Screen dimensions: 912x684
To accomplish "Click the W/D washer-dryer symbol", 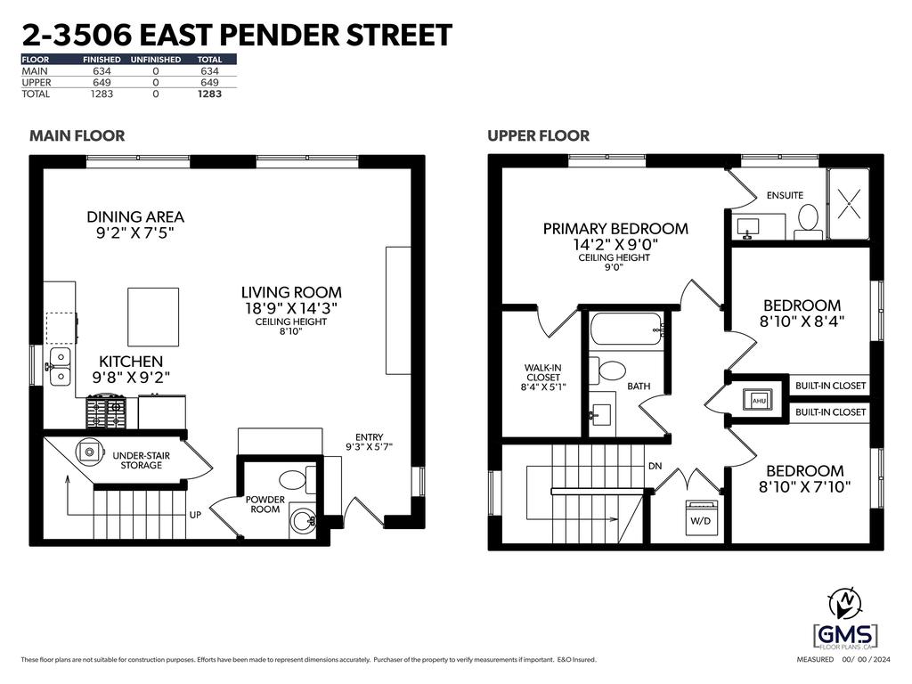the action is tap(701, 516).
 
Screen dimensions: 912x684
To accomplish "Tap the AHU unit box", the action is tap(759, 400).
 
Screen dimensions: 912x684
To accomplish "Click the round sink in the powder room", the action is tap(303, 521).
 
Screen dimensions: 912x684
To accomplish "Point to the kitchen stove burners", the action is tap(107, 412).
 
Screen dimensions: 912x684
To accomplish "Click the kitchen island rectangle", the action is tap(153, 317).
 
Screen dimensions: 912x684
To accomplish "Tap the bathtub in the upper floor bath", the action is tap(626, 330).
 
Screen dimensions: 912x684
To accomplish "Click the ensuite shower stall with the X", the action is tap(849, 204).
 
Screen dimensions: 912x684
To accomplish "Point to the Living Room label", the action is tap(291, 292).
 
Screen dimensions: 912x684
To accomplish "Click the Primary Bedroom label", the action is tap(615, 229).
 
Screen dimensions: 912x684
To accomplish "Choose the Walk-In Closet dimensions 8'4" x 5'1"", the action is tap(543, 387).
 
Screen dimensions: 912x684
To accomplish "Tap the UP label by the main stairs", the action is tap(195, 515).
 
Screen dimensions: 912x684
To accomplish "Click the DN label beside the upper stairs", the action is tap(655, 466).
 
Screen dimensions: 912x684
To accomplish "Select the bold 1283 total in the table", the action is tap(209, 94).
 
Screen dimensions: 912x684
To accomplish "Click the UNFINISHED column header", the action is tap(155, 60).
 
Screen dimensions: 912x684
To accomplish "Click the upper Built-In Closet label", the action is tap(831, 386).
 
